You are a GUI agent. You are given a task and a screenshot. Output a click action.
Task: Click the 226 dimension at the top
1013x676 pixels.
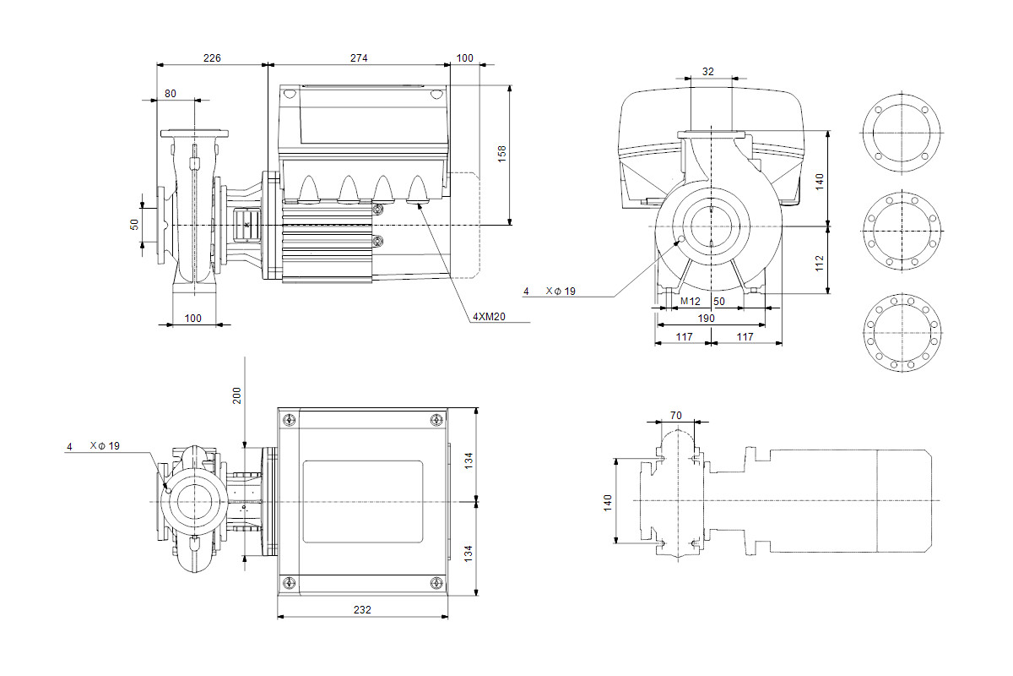[x=212, y=58]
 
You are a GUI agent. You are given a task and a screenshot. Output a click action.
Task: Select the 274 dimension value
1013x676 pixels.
[x=359, y=58]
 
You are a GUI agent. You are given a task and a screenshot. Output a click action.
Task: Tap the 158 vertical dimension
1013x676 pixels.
[x=502, y=153]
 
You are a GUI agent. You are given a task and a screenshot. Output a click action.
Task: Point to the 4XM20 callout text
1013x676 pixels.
[x=488, y=317]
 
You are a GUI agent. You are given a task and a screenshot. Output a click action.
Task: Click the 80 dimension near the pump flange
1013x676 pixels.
[x=171, y=94]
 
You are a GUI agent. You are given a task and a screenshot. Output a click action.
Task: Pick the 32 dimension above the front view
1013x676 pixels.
[x=708, y=72]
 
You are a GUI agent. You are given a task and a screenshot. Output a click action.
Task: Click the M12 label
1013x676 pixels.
[x=691, y=301]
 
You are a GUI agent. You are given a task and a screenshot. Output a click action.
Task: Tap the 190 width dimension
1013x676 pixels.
[x=707, y=319]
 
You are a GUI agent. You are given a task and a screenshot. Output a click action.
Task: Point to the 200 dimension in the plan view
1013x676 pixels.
[x=237, y=395]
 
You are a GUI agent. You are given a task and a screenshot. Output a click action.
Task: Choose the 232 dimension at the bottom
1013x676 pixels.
[x=362, y=609]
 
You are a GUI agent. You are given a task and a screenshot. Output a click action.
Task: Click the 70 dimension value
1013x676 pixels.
[x=674, y=415]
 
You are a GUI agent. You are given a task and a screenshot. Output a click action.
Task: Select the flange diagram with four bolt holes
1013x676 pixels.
[x=902, y=134]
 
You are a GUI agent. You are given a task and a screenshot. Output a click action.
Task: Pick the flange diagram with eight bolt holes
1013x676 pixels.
[x=902, y=231]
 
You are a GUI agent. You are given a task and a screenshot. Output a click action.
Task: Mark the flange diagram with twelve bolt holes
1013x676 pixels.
[x=902, y=331]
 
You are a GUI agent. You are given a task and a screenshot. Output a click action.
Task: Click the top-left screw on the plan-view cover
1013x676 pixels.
[x=290, y=420]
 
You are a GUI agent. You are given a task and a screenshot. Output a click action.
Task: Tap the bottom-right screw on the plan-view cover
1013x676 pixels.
[x=436, y=582]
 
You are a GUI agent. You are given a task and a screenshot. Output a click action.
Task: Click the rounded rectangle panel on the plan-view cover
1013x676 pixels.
[x=362, y=502]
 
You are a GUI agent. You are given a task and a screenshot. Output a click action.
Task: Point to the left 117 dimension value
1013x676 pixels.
[x=684, y=336]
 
